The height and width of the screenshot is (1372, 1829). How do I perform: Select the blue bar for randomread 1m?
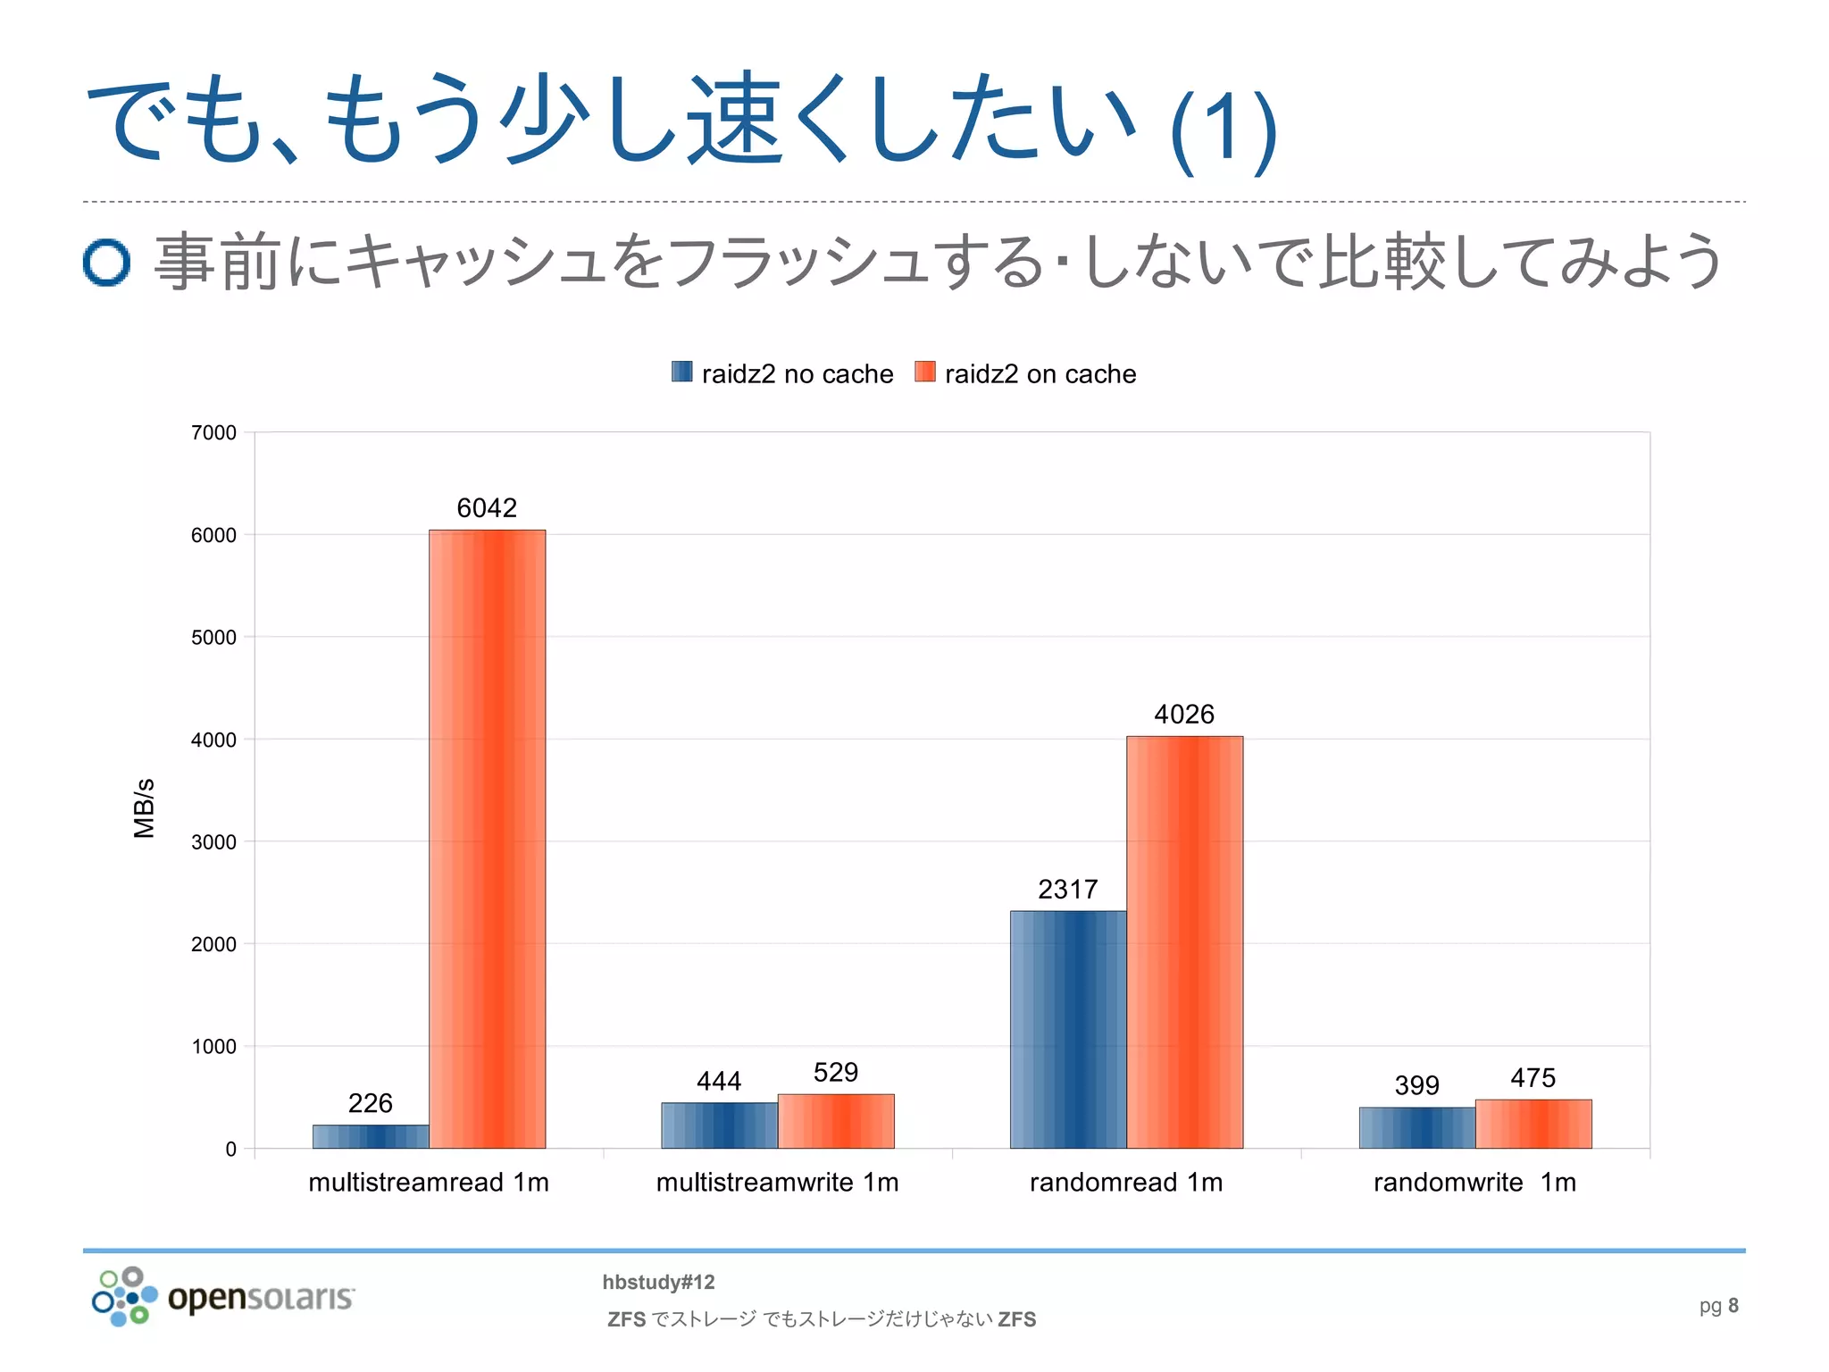[1067, 1029]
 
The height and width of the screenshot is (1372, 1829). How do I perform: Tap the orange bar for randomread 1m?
[1184, 941]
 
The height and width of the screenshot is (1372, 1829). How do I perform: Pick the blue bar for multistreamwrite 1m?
[719, 1125]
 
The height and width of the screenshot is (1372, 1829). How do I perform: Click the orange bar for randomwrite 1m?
[1533, 1124]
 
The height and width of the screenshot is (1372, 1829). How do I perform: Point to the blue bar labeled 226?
[371, 1136]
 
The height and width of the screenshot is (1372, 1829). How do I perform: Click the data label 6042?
[487, 507]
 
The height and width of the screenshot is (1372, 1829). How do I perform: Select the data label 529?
[835, 1072]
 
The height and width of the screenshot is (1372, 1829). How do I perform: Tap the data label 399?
[1416, 1085]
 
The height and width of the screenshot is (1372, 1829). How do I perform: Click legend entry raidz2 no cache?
[782, 373]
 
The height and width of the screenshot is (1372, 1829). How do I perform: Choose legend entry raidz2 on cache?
[1026, 373]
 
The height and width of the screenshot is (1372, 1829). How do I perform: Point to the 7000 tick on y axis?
[213, 432]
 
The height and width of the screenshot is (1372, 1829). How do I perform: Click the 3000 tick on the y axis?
[213, 841]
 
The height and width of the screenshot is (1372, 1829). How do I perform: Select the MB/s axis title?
[144, 807]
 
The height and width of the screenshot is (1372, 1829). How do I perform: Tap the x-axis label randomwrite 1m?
[1474, 1182]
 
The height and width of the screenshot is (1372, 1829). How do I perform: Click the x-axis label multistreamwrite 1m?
[777, 1182]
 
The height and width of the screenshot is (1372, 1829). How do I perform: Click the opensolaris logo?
[223, 1296]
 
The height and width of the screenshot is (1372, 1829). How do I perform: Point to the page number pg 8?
[1718, 1305]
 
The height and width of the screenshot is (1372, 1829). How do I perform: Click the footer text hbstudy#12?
[658, 1282]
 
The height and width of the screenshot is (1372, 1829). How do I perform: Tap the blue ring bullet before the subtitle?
[106, 262]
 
